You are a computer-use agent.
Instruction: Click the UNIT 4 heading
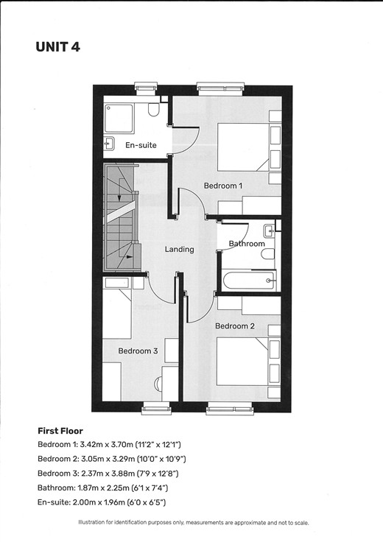tap(57, 47)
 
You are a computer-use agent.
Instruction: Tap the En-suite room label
tap(141, 145)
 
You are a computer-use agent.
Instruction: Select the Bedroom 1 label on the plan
tap(223, 186)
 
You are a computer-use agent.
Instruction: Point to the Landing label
tap(179, 249)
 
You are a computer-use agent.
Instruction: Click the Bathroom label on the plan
tap(247, 244)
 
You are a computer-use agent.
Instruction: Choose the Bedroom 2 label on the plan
tap(235, 326)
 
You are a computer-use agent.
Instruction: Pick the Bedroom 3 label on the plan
tap(138, 351)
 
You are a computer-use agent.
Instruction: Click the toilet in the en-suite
tap(153, 110)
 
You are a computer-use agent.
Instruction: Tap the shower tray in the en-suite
tap(119, 119)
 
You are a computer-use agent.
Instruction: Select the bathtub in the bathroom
tap(249, 281)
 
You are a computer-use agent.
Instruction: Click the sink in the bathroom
tap(270, 231)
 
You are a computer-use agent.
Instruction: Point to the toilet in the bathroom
tap(268, 254)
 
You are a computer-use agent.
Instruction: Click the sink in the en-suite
tap(110, 143)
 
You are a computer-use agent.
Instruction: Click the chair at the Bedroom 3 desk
tap(158, 384)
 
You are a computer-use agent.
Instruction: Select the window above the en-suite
tap(146, 88)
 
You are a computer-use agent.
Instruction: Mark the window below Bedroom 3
tap(157, 408)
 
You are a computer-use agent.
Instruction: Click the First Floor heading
tap(60, 431)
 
